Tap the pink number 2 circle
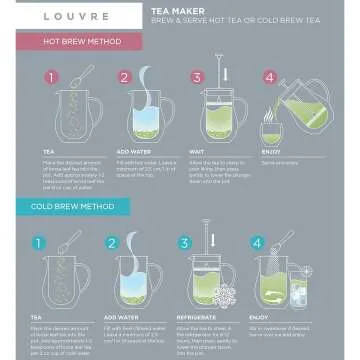(126, 76)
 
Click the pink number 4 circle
(267, 76)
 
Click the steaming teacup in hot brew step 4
(270, 131)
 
